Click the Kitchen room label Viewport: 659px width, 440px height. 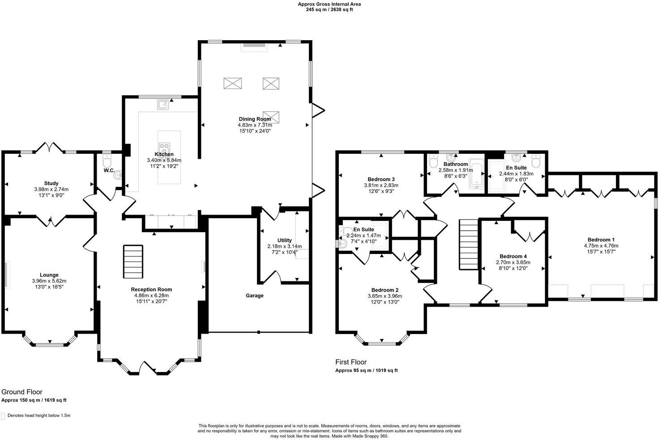point(164,154)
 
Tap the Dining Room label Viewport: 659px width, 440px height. point(254,119)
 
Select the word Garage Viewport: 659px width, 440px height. point(254,296)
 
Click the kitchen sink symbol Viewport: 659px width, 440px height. point(163,105)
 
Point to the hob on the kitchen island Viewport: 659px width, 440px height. point(164,147)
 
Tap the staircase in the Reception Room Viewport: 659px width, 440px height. point(133,262)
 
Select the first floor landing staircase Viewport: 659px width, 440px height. point(469,244)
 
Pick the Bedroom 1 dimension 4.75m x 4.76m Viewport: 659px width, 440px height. point(601,245)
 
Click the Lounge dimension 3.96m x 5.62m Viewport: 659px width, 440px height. point(49,281)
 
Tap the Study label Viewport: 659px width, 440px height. point(51,183)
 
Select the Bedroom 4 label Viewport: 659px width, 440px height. point(513,256)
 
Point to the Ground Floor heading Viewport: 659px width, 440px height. point(22,392)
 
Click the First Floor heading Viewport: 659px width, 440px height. point(351,362)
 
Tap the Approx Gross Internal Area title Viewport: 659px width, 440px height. point(329,4)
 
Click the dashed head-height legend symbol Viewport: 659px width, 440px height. point(3,416)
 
